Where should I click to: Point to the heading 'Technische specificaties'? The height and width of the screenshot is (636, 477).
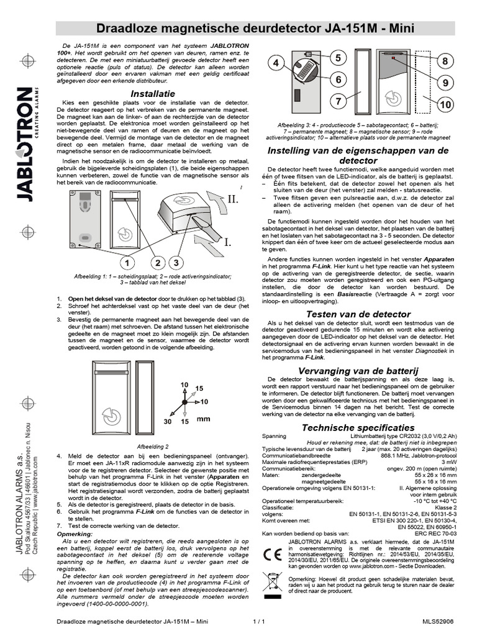357,427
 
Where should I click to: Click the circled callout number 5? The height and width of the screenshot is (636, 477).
338,58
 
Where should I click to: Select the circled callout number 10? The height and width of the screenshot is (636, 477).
447,105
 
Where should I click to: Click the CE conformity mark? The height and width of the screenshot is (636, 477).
273,555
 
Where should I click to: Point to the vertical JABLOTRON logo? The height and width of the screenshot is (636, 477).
24,144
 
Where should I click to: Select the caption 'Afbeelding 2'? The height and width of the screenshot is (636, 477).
152,446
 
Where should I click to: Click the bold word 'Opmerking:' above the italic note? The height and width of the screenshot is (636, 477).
74,534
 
